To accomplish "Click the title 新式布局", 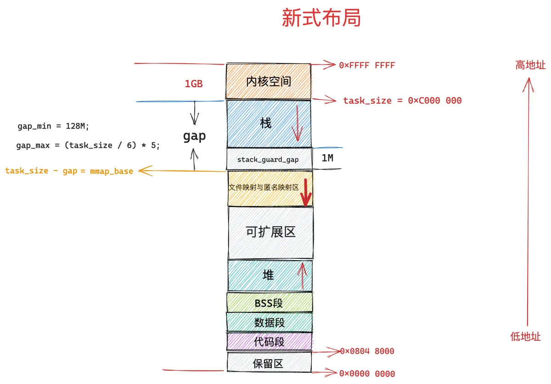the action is (x=321, y=18).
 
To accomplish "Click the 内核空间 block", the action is (x=268, y=81).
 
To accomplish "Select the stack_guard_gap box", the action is (x=270, y=159).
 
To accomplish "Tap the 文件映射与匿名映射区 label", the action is (x=264, y=187).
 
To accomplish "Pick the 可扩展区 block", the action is (x=270, y=232).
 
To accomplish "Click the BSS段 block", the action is (x=270, y=302).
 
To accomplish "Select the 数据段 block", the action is (x=270, y=323).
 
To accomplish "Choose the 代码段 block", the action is (x=269, y=341).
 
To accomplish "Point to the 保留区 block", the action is (x=269, y=362).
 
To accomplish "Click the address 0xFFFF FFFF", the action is (x=367, y=66).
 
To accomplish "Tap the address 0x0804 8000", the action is (x=367, y=351).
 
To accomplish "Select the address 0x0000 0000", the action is (x=367, y=373).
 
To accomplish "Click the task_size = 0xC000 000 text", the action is (x=402, y=100).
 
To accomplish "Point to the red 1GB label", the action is (x=194, y=84).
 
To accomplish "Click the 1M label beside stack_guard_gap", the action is (x=327, y=158).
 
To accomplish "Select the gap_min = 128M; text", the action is (x=53, y=126).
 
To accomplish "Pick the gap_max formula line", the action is (x=88, y=145).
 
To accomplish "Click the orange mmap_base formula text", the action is (x=69, y=171).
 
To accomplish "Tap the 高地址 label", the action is (x=530, y=65).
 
